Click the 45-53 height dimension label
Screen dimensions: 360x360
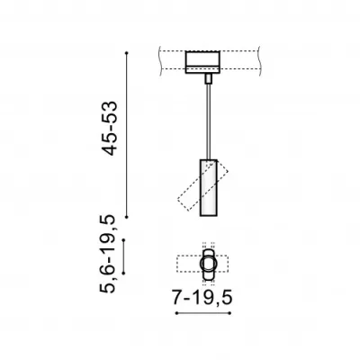(x=109, y=128)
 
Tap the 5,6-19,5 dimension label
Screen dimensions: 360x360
(x=107, y=254)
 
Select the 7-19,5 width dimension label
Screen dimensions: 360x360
(x=202, y=298)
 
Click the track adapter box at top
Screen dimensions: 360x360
(x=202, y=62)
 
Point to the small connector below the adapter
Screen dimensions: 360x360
(x=209, y=78)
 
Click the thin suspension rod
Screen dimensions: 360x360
(x=209, y=121)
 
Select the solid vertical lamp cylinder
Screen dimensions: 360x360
(x=209, y=187)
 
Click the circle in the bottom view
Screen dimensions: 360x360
(x=208, y=264)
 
